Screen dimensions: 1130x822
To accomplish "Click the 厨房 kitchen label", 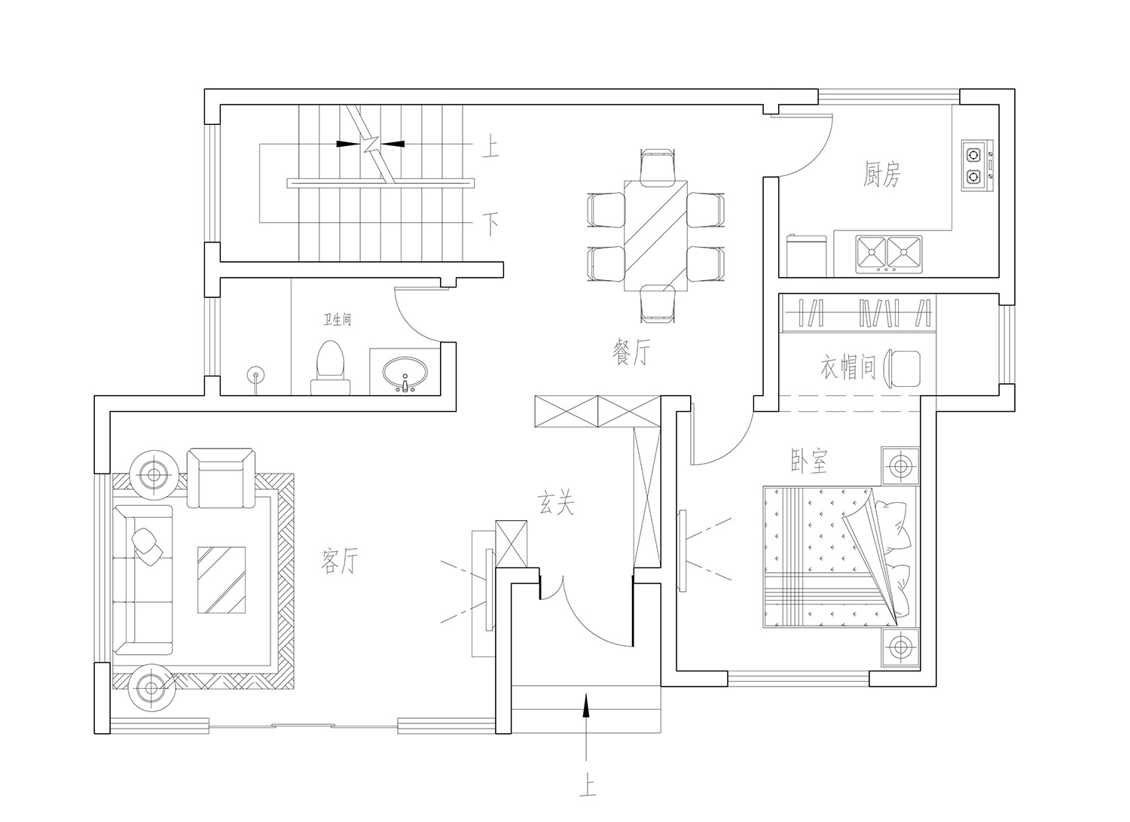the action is [881, 175].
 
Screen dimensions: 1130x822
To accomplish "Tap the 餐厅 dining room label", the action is [631, 352].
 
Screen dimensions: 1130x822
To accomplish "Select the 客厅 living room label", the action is [340, 561].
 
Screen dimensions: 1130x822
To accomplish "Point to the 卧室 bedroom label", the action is [809, 461].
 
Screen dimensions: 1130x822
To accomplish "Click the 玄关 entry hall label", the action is [555, 503].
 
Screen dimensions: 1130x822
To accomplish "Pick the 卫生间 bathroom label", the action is [337, 319].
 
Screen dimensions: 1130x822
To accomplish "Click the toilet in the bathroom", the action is [331, 367].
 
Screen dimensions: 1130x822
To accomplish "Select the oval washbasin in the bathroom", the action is [405, 374].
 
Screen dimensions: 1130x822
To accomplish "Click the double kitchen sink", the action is [889, 254].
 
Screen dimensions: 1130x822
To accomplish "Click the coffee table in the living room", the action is [221, 580].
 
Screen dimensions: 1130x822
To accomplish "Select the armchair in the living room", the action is [221, 478].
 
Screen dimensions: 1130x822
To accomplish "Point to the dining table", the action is [656, 236].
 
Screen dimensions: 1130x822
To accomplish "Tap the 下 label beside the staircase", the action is [491, 224].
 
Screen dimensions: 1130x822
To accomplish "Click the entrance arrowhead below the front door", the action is [585, 705].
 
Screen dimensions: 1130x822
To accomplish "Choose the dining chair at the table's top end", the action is [658, 166].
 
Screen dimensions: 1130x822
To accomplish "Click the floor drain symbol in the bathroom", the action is [256, 376].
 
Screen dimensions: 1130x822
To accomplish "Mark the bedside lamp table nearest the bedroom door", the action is [900, 466].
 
